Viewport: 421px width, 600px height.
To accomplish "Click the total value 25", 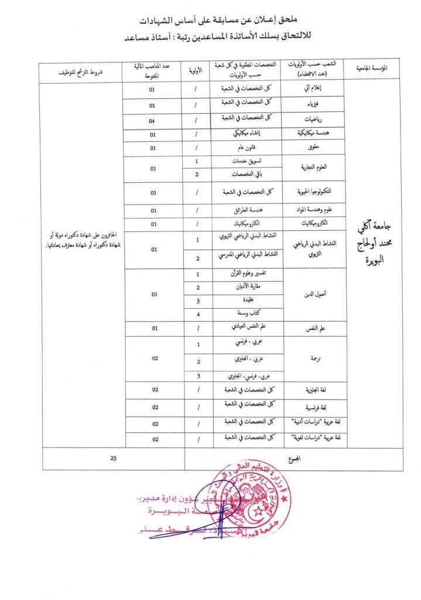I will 113,459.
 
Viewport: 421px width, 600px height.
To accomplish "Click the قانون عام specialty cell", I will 248,148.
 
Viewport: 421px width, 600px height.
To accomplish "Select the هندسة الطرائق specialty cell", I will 248,210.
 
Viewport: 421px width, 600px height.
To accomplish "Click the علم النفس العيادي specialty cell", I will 248,328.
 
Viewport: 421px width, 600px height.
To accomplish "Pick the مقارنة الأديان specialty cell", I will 248,287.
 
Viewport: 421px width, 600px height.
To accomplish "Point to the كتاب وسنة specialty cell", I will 248,314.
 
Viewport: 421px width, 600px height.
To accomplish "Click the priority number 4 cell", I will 198,314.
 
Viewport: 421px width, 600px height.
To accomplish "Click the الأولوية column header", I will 198,71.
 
